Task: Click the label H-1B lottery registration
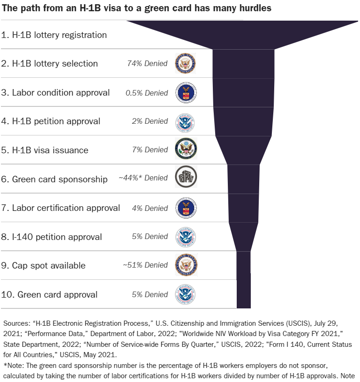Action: click(x=54, y=35)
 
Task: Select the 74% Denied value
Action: click(x=147, y=63)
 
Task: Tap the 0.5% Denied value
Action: click(x=147, y=93)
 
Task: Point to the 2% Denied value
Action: click(x=150, y=121)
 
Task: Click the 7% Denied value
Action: click(x=150, y=150)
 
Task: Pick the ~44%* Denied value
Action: click(x=143, y=178)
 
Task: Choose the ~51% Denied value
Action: click(x=145, y=265)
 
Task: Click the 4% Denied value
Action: click(x=150, y=208)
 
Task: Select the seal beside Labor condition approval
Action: click(x=186, y=92)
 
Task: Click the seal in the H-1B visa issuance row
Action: click(x=186, y=150)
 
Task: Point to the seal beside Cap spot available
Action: click(x=186, y=265)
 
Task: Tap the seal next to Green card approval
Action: click(x=185, y=294)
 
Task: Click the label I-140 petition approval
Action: click(x=51, y=237)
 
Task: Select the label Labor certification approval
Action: click(x=60, y=208)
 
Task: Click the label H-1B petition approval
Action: click(x=51, y=121)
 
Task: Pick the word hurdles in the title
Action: click(x=254, y=8)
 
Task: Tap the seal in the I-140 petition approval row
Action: click(x=185, y=237)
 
